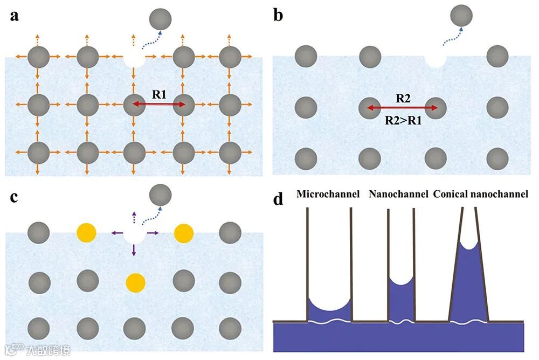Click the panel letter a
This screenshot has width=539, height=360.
click(x=15, y=15)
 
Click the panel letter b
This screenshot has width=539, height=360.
click(x=278, y=15)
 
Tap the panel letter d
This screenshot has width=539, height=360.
click(x=278, y=199)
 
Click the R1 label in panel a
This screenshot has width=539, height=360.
click(x=159, y=94)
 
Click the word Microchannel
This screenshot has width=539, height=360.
click(x=328, y=193)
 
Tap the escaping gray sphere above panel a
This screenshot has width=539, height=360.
click(x=161, y=19)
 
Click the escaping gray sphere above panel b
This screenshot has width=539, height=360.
click(x=461, y=15)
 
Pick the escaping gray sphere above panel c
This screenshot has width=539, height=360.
click(x=160, y=193)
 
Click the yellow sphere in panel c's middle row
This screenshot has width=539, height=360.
click(x=135, y=282)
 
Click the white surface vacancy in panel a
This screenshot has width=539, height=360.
click(x=135, y=57)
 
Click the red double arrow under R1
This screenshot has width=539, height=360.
click(x=159, y=105)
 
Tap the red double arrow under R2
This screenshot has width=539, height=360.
click(x=402, y=108)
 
